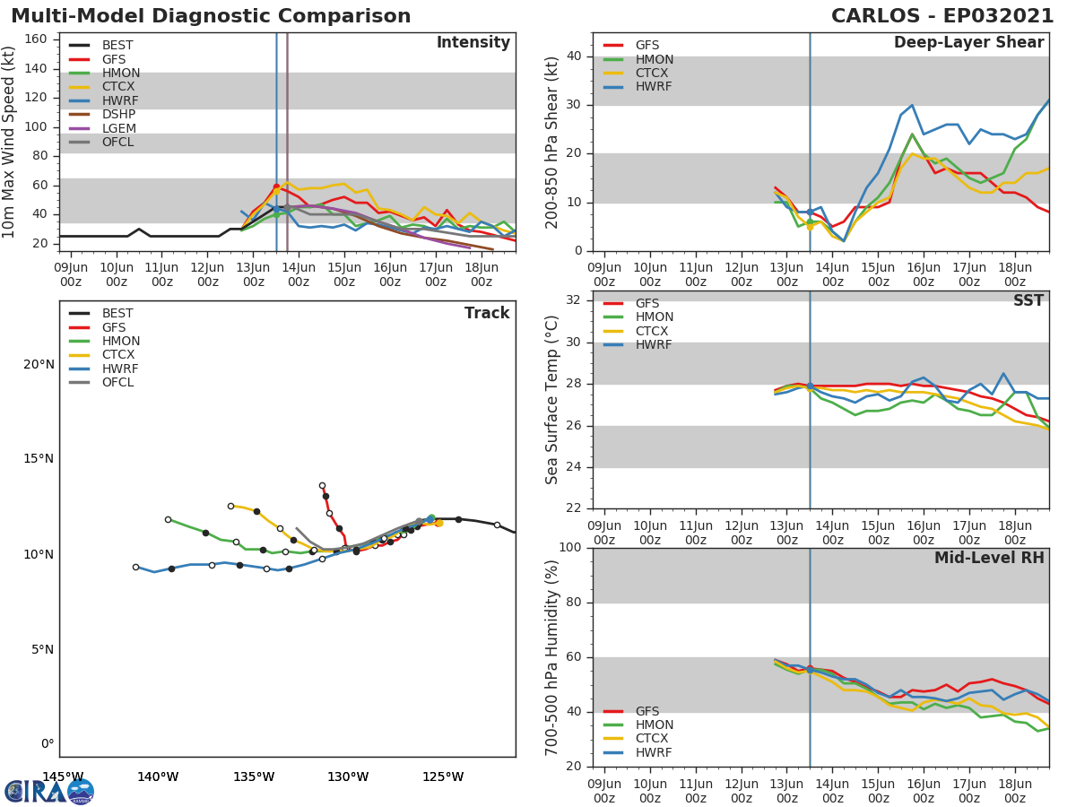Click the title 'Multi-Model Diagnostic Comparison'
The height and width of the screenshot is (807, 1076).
coord(211,16)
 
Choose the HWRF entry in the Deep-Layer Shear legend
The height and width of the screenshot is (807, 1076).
coord(653,87)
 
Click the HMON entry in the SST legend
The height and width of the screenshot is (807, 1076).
coord(654,317)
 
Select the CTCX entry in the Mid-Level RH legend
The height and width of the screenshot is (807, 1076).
coord(654,739)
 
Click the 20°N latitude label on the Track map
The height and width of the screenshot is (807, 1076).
coord(37,364)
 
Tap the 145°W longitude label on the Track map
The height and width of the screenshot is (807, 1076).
coord(63,777)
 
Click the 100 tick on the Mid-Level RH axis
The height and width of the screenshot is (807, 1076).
coord(569,548)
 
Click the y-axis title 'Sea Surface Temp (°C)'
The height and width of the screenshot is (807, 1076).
coord(552,400)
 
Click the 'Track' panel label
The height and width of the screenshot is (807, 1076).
coord(487,313)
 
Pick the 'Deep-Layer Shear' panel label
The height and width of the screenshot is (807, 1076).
coord(968,43)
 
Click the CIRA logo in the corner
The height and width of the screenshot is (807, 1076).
coord(49,791)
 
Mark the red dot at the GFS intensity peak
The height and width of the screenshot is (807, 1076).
coord(276,187)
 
